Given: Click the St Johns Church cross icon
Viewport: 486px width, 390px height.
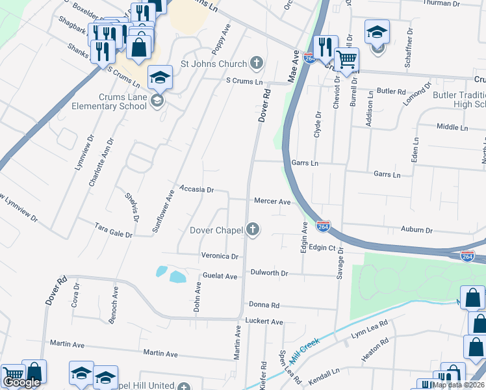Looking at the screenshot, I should click(257, 64).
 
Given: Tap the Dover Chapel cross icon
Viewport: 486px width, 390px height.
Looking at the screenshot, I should click(253, 229).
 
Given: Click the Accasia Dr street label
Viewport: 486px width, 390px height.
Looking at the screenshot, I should click(197, 189).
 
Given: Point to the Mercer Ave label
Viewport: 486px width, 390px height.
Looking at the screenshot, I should click(272, 201).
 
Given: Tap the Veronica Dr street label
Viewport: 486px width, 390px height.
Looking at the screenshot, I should click(220, 256).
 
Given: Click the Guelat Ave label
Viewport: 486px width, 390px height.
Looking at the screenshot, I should click(220, 276).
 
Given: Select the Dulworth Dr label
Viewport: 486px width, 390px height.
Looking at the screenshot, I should click(269, 274).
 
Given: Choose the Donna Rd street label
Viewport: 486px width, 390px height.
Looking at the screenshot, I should click(264, 305).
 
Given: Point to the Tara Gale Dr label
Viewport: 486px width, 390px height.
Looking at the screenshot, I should click(114, 230).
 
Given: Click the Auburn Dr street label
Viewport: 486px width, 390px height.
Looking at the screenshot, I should click(416, 230).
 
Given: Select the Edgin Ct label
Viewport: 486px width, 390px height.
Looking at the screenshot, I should click(322, 248).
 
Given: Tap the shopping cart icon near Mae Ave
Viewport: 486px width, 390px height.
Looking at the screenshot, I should click(347, 59).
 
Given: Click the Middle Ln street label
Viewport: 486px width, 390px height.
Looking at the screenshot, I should click(452, 127).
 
